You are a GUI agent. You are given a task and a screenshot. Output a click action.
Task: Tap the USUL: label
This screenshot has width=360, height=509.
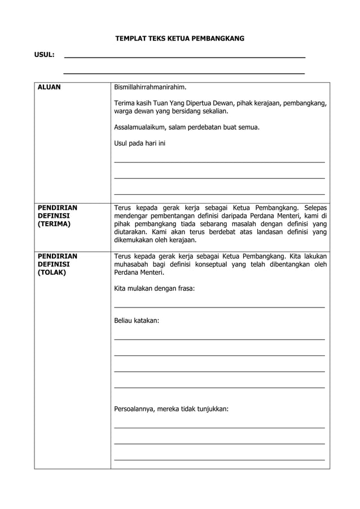(44, 55)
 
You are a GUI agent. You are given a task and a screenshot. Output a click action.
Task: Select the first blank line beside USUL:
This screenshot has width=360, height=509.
(185, 58)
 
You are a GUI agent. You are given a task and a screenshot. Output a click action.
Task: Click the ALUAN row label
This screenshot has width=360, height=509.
(49, 87)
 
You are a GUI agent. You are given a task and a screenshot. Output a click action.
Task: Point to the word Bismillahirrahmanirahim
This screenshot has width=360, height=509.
(150, 87)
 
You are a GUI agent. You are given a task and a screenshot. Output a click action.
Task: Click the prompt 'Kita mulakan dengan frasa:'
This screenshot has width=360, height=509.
(154, 288)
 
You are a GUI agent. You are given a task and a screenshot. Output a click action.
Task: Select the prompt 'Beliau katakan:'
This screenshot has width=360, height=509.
(137, 321)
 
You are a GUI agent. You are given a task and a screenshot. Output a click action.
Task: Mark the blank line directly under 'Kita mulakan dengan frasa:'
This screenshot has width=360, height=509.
(219, 306)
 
